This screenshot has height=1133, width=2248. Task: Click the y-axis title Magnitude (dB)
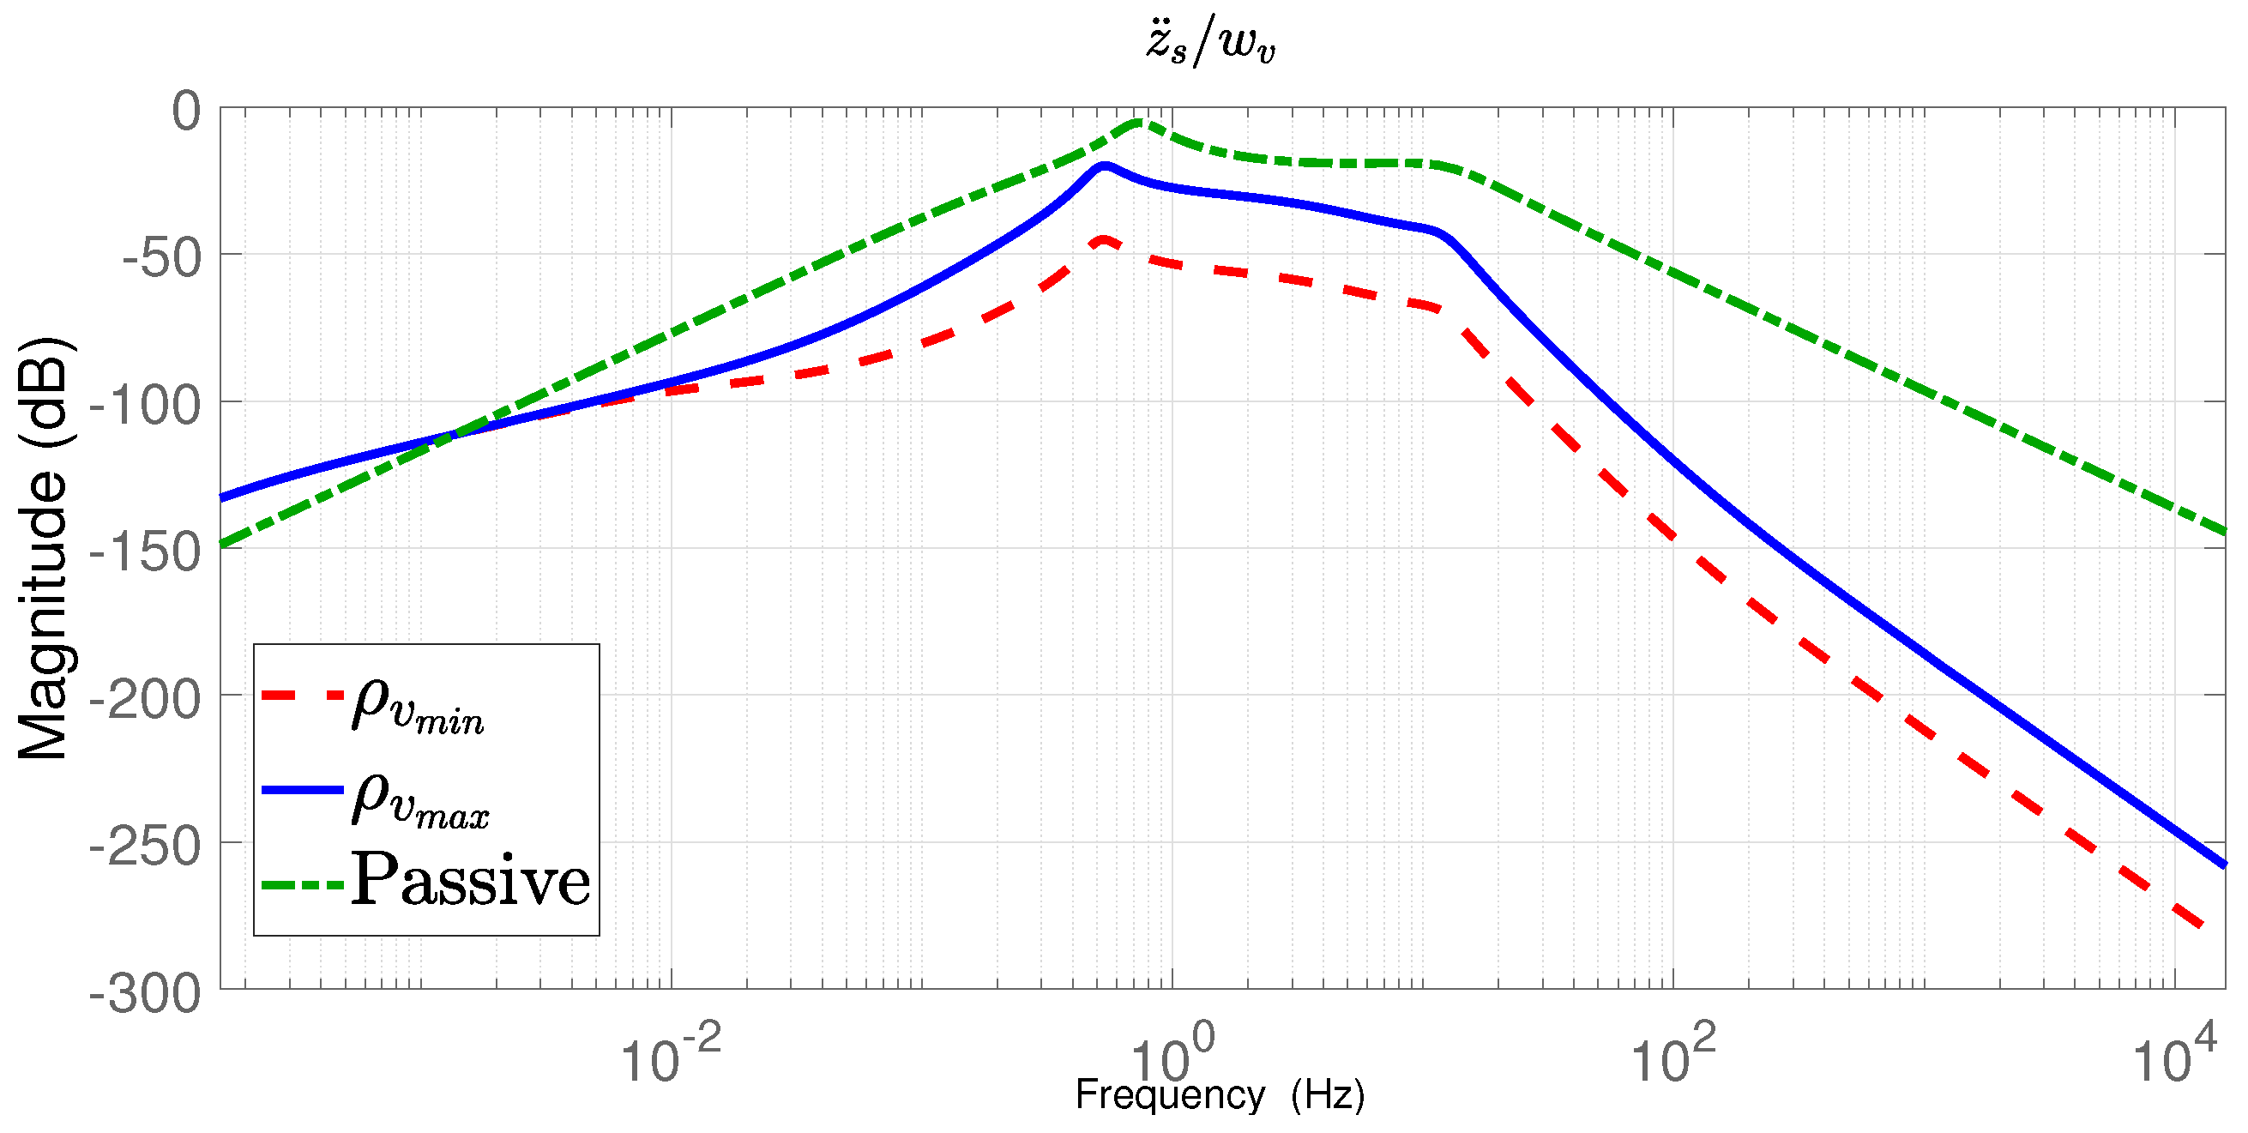click(x=44, y=548)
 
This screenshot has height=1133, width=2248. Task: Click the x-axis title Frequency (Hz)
click(x=1220, y=1094)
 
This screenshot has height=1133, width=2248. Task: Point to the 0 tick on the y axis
click(x=186, y=111)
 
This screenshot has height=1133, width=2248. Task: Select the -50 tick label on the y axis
click(x=161, y=258)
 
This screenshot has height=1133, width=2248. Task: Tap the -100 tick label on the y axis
click(x=146, y=406)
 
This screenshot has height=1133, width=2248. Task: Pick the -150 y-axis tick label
click(x=146, y=552)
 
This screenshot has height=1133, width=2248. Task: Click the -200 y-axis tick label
click(x=146, y=699)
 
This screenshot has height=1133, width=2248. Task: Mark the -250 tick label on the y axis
click(x=146, y=847)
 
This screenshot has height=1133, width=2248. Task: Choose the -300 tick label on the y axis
click(x=146, y=993)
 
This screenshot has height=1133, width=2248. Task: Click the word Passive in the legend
click(x=470, y=880)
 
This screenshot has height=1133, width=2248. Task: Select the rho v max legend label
click(x=419, y=798)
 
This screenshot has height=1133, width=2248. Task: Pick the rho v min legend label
click(x=417, y=705)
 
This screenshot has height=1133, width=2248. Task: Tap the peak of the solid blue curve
click(x=1106, y=165)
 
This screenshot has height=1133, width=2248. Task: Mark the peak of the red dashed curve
click(x=1104, y=239)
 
